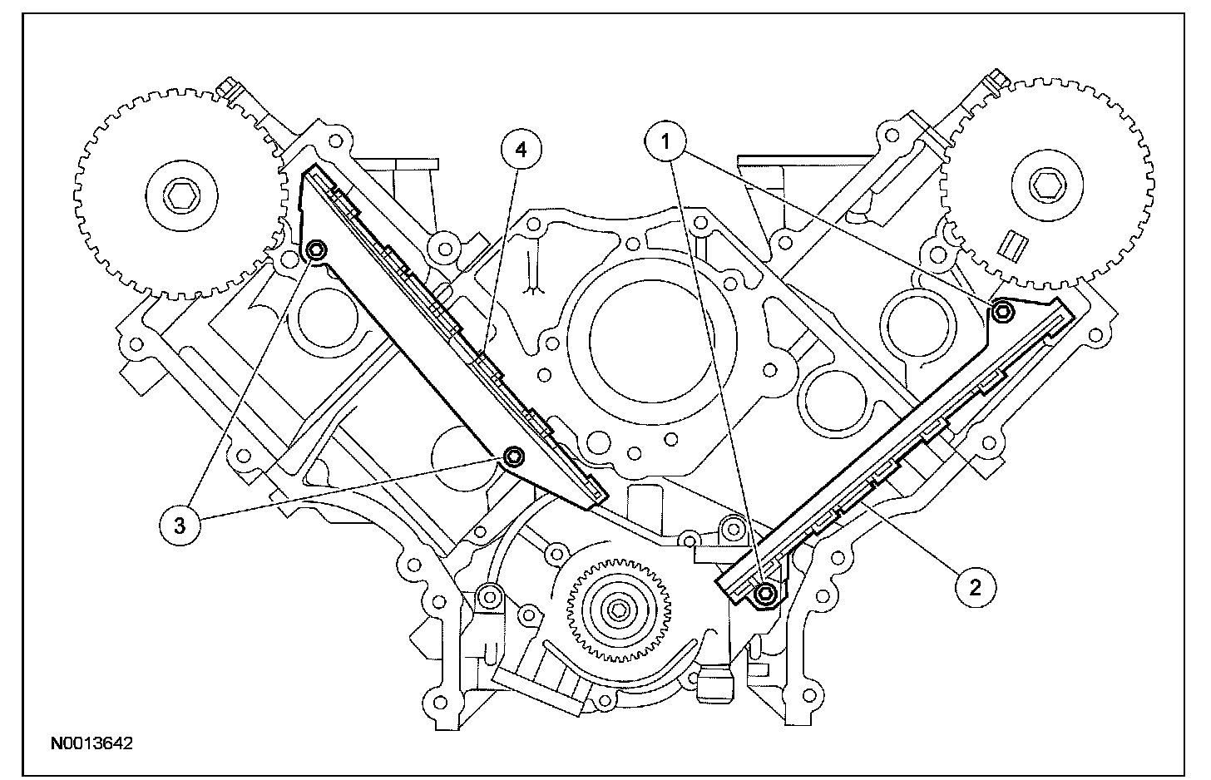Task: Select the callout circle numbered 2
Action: click(974, 587)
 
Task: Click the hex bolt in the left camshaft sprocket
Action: click(180, 198)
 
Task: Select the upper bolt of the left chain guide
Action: click(316, 250)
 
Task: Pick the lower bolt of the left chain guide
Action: click(515, 456)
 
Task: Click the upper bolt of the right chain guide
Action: click(1003, 311)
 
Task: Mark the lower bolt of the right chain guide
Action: click(766, 592)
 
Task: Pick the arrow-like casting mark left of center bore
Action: click(529, 287)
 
